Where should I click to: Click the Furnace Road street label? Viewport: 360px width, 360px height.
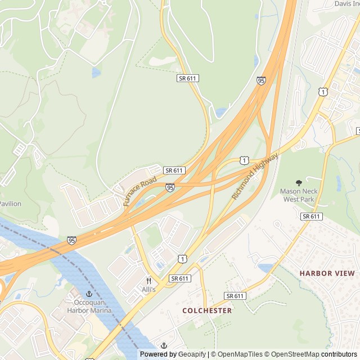tap(140, 191)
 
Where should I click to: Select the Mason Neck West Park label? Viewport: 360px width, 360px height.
tap(299, 195)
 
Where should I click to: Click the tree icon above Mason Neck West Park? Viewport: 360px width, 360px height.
tap(299, 182)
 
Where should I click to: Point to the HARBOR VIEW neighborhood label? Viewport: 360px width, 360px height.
tap(327, 273)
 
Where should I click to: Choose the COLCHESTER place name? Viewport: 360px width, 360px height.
tap(207, 310)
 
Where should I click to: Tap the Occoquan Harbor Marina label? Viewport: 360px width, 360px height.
tap(89, 306)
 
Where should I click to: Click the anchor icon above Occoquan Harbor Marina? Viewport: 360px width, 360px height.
tap(89, 294)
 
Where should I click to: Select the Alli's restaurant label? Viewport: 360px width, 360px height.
tap(148, 289)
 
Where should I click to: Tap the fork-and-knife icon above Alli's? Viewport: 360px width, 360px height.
tap(148, 280)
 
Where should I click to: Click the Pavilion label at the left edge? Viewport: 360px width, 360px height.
tap(10, 204)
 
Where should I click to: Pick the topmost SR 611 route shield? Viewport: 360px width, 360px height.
tap(187, 78)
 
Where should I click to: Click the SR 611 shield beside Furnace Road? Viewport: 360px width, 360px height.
tap(174, 170)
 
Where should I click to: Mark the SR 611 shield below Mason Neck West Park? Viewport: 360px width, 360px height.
tap(310, 216)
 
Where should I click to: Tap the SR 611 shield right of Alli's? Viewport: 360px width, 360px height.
tap(180, 278)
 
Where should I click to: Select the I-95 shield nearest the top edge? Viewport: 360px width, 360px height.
tap(261, 81)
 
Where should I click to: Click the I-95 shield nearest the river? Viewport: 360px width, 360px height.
tap(71, 240)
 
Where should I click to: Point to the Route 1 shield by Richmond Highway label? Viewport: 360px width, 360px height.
tap(244, 160)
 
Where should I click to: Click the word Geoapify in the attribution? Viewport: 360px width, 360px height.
tap(192, 354)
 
